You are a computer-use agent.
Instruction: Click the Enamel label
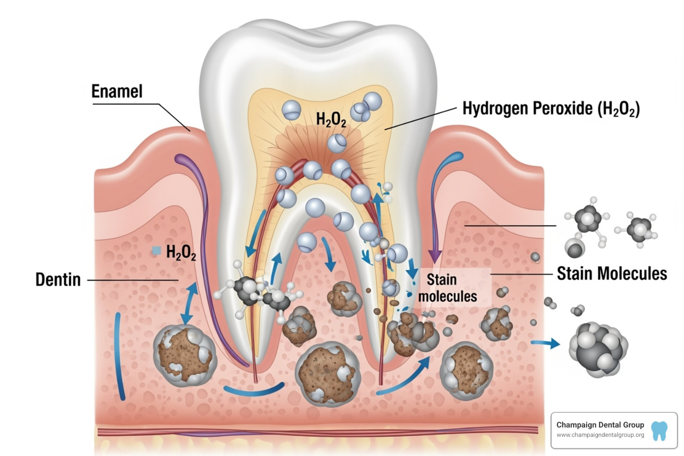pos(117,92)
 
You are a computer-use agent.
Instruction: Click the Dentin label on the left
pos(58,280)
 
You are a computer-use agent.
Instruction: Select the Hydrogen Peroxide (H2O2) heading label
pos(550,109)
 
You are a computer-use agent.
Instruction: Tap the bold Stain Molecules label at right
pos(611,273)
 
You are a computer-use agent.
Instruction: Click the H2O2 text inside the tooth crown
pos(331,119)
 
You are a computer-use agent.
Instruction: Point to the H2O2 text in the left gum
pos(181,252)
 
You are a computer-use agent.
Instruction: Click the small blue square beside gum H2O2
pos(156,251)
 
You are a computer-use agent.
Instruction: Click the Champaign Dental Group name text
pos(600,425)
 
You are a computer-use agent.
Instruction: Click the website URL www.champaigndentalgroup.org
pos(600,435)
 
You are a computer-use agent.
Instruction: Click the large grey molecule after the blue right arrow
pos(598,350)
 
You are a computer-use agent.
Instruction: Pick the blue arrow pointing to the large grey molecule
pos(546,343)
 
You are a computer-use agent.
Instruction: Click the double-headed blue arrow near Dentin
pos(190,303)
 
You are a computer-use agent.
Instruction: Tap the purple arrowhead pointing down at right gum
pos(435,256)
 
